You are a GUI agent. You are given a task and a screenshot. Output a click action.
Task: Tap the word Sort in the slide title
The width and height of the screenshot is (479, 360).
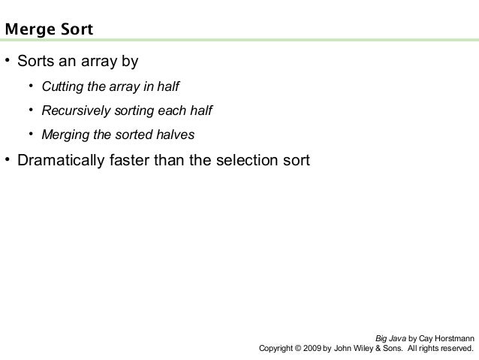[74, 31]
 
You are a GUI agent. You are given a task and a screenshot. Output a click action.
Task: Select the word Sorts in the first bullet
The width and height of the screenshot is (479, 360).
[35, 60]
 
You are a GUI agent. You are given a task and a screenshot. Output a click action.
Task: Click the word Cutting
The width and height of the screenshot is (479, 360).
[62, 87]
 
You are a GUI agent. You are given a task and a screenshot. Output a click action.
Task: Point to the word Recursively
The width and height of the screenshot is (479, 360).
[76, 111]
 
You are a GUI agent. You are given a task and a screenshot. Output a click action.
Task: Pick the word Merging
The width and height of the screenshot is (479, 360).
[64, 135]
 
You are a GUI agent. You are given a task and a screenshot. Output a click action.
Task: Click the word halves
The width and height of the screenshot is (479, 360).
[175, 135]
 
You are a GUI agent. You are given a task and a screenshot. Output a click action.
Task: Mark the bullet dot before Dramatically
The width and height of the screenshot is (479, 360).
[8, 160]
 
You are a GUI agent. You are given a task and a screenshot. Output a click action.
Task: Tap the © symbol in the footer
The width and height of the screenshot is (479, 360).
[298, 349]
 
